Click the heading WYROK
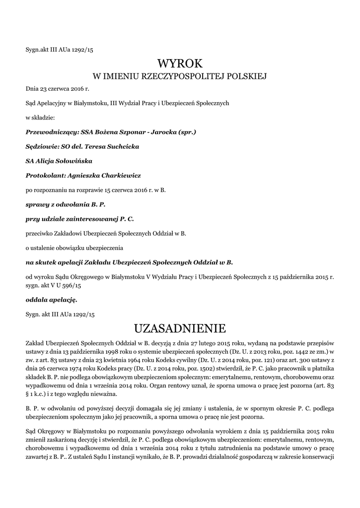click(x=180, y=63)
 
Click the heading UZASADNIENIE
click(x=180, y=328)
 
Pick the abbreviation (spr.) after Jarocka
click(x=186, y=132)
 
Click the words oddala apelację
click(x=51, y=300)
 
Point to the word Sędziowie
click(x=42, y=147)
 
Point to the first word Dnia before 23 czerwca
click(x=32, y=89)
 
